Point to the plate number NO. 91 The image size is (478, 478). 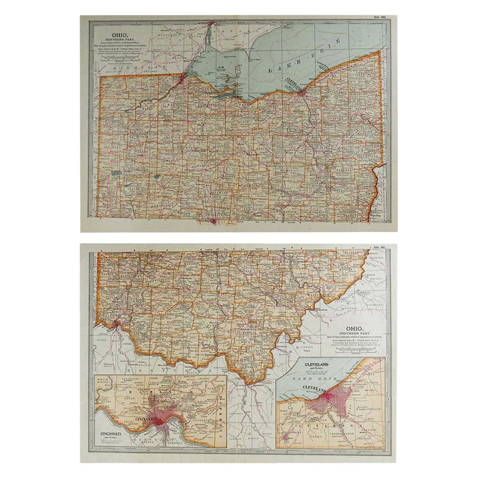[379, 248]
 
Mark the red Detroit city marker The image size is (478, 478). [211, 24]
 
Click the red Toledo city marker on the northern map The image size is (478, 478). [181, 78]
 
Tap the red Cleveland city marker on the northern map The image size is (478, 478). [301, 92]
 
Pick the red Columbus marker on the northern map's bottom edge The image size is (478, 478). [213, 219]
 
